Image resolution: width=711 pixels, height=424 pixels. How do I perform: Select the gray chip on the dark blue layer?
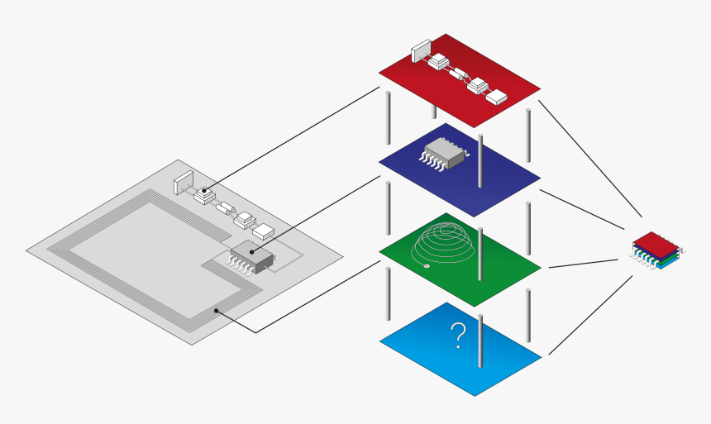pyautogui.click(x=445, y=155)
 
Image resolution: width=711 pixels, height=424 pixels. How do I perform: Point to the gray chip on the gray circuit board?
pyautogui.click(x=252, y=258)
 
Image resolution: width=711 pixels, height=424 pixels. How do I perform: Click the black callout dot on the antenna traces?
pyautogui.click(x=217, y=311)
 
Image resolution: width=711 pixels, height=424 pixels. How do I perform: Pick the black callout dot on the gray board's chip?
pyautogui.click(x=252, y=250)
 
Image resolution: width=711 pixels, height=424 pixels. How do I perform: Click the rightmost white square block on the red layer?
pyautogui.click(x=496, y=97)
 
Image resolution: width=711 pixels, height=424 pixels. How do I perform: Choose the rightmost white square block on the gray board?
pyautogui.click(x=263, y=231)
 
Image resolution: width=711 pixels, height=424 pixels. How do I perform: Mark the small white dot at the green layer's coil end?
pyautogui.click(x=426, y=266)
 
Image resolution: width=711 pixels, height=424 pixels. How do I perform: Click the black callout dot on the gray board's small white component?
pyautogui.click(x=203, y=190)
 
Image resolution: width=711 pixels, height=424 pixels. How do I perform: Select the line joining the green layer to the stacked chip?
pyautogui.click(x=583, y=264)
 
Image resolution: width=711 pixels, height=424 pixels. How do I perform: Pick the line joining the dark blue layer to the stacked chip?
pyautogui.click(x=581, y=210)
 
